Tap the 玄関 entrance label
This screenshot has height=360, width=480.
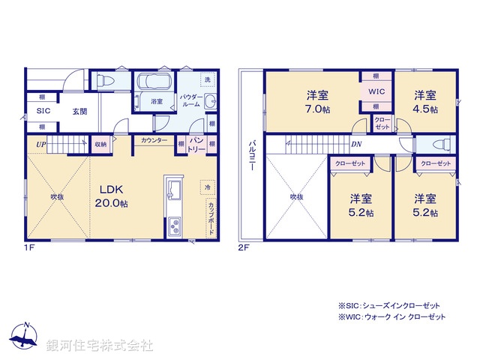click(80, 112)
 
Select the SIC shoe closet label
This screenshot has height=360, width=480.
click(42, 112)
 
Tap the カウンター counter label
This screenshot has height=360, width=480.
click(154, 140)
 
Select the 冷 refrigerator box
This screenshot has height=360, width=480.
click(206, 187)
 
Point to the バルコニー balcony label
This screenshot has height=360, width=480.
click(252, 155)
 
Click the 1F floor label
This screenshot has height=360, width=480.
click(28, 246)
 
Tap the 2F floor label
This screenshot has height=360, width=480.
click(244, 246)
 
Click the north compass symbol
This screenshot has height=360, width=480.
click(25, 334)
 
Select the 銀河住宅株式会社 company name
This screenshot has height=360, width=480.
click(100, 346)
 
